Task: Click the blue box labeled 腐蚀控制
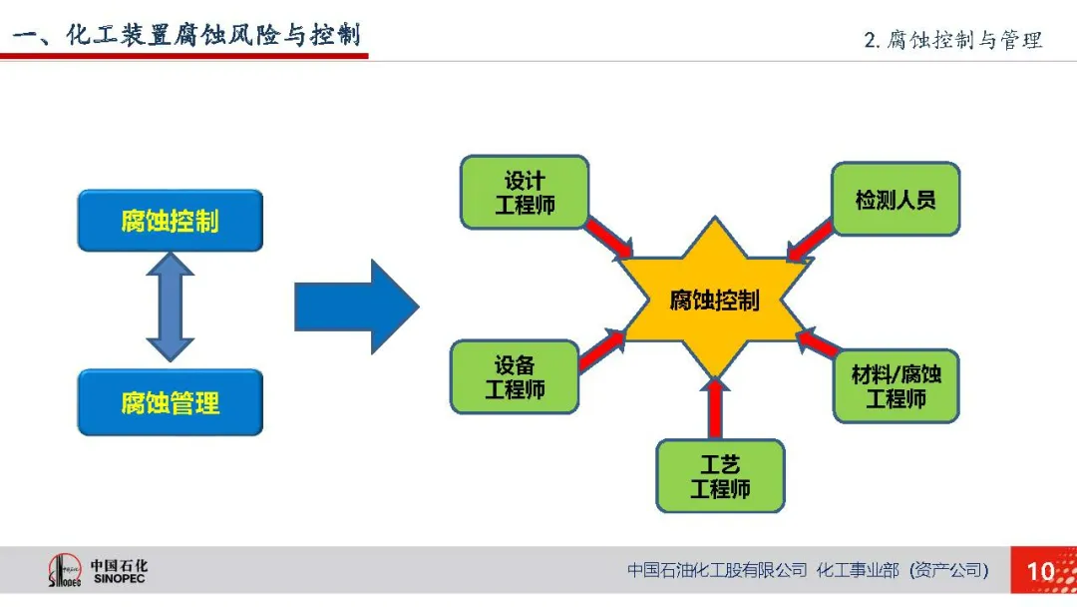click(x=171, y=221)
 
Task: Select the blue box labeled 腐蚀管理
click(x=171, y=402)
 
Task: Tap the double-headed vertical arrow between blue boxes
click(x=171, y=307)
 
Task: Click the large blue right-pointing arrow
click(x=356, y=306)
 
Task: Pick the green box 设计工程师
click(x=525, y=193)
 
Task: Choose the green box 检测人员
click(x=896, y=200)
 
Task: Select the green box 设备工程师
click(x=515, y=377)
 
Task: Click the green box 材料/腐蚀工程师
click(x=896, y=386)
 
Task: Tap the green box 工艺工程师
click(x=721, y=476)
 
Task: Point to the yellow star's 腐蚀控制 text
click(x=714, y=301)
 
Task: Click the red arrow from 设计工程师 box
click(x=608, y=238)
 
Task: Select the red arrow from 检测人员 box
click(x=809, y=242)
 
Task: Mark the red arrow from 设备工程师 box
click(x=601, y=349)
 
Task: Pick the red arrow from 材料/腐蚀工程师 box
click(x=818, y=341)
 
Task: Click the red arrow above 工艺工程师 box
click(x=715, y=407)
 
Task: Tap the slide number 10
click(x=1040, y=571)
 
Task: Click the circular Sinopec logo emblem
click(x=65, y=571)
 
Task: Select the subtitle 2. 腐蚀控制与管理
click(x=952, y=40)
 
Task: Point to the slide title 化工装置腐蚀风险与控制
click(x=213, y=34)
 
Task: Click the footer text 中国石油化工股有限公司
click(x=717, y=570)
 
